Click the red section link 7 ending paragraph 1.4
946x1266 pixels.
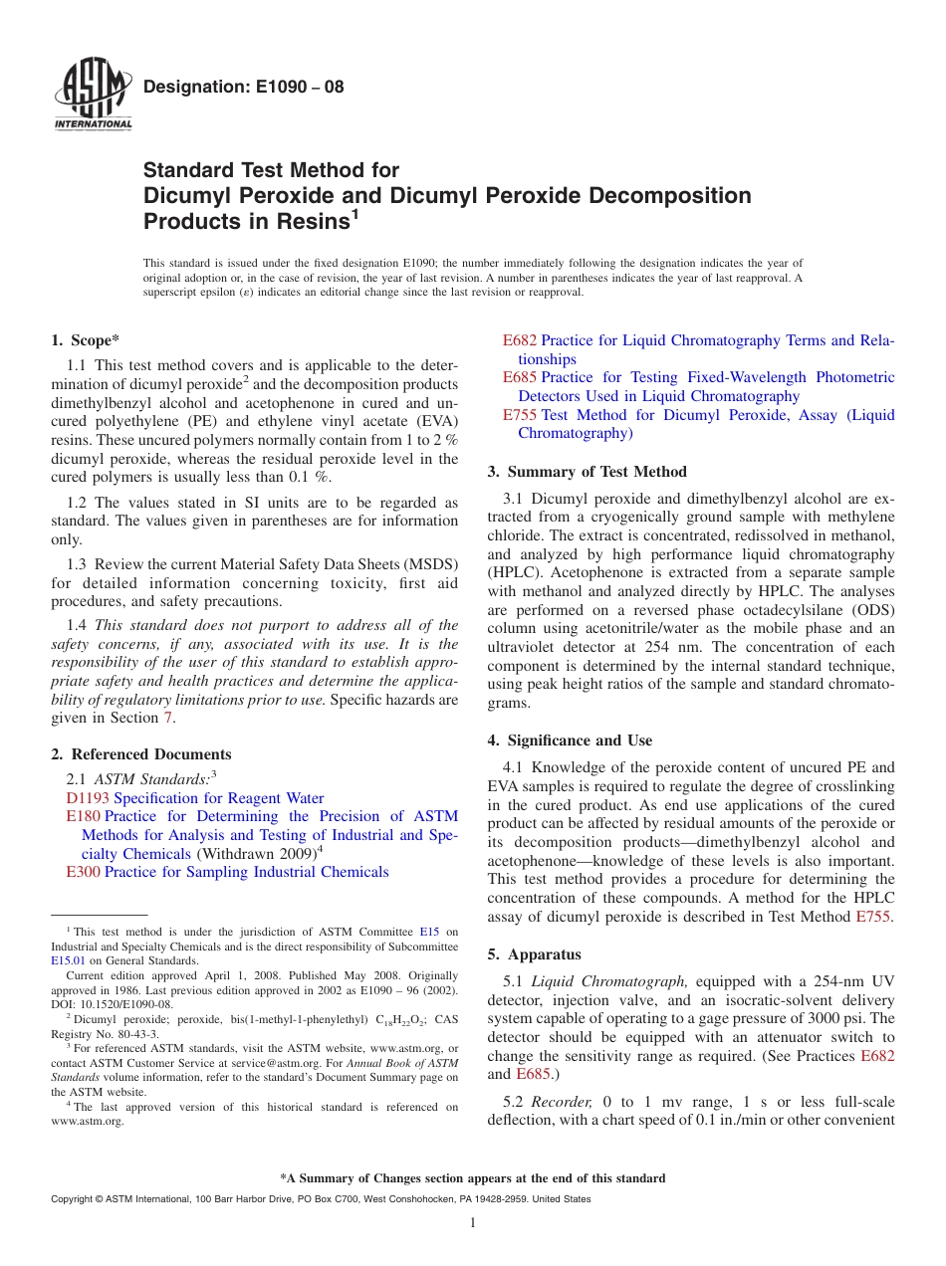(168, 718)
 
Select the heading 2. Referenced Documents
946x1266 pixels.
(140, 754)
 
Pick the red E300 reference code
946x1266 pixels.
(83, 872)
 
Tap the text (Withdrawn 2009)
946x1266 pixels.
(255, 854)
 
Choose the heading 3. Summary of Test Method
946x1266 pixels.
(587, 472)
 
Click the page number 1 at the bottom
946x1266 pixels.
(473, 1222)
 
